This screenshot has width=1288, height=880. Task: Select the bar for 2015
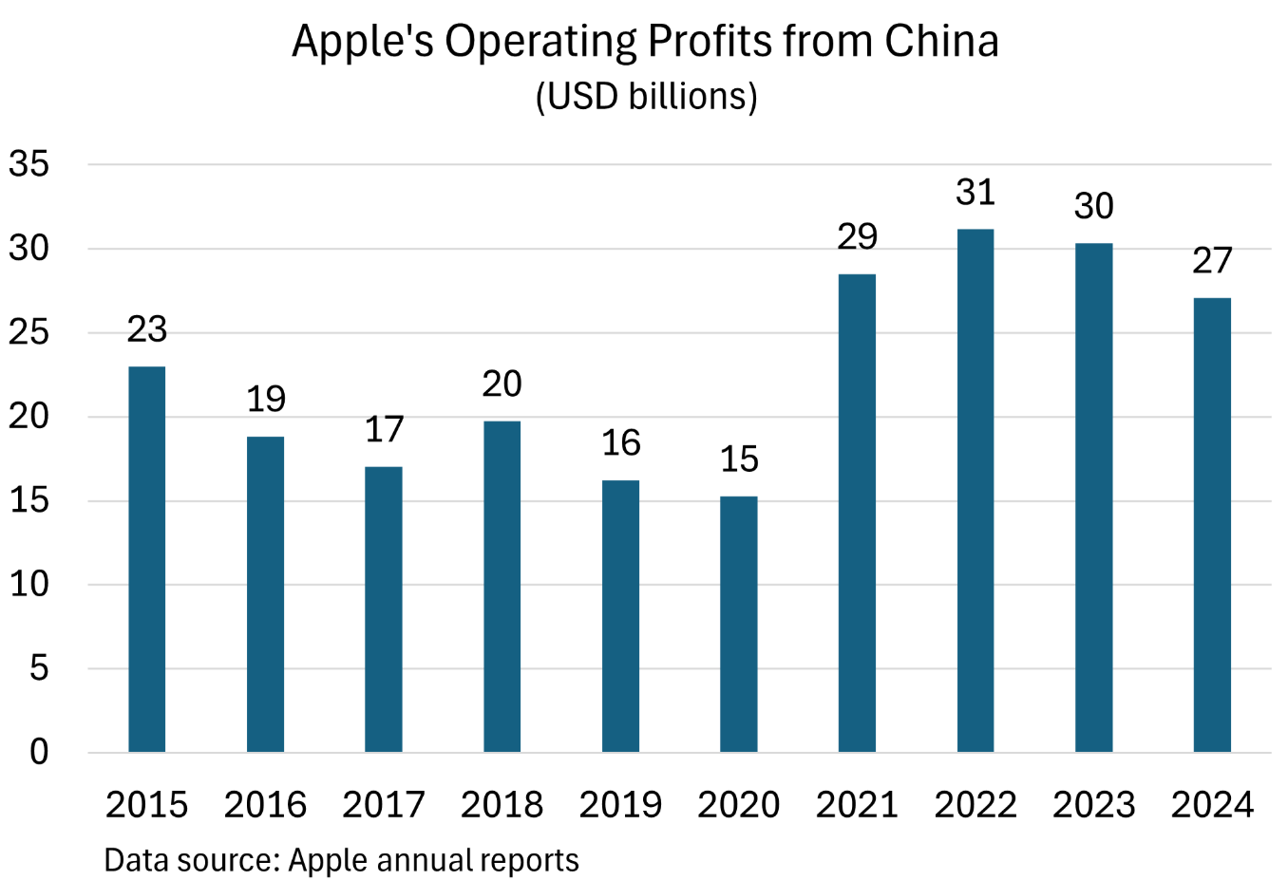tap(147, 559)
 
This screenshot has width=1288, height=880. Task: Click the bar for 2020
tap(739, 624)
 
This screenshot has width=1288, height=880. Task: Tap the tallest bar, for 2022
tap(975, 491)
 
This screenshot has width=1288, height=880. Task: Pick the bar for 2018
tap(502, 587)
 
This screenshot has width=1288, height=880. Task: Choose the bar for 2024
tap(1212, 525)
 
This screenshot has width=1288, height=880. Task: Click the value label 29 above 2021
tap(857, 237)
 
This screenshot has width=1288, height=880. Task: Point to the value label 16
tap(621, 443)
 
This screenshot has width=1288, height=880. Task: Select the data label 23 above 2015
tap(147, 330)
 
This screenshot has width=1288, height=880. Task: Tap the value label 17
tap(384, 430)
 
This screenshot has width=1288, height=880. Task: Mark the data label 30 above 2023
tap(1093, 206)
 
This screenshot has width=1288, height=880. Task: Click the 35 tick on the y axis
tap(29, 164)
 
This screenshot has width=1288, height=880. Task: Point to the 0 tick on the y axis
tap(39, 752)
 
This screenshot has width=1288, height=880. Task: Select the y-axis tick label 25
tap(29, 332)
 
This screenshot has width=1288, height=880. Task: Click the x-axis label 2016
tap(265, 805)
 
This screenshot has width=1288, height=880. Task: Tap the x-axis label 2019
tap(620, 805)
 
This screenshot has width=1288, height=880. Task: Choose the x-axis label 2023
tap(1093, 805)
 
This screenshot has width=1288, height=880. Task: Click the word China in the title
tap(941, 42)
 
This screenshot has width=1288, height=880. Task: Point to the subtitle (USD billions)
tap(646, 97)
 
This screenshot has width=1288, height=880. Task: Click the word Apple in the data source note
tap(329, 860)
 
